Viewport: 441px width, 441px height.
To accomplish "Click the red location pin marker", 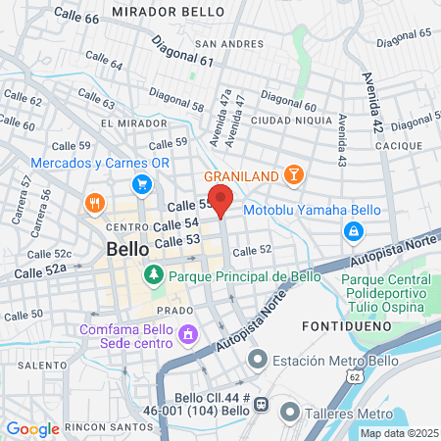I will click(x=221, y=200).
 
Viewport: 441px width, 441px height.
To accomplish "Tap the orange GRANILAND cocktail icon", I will click(x=292, y=174).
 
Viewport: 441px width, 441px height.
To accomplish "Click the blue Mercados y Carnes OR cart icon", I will click(x=142, y=183).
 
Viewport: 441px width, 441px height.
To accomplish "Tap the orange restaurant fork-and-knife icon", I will click(x=95, y=204).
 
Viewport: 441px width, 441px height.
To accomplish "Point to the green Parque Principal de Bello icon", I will click(x=153, y=276).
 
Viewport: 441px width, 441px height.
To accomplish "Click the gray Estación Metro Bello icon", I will click(x=258, y=360).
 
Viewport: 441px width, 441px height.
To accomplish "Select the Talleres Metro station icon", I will click(x=289, y=412).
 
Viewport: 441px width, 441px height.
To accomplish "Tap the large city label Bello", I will click(x=127, y=249).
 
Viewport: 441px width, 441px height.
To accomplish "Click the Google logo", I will click(x=32, y=428).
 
